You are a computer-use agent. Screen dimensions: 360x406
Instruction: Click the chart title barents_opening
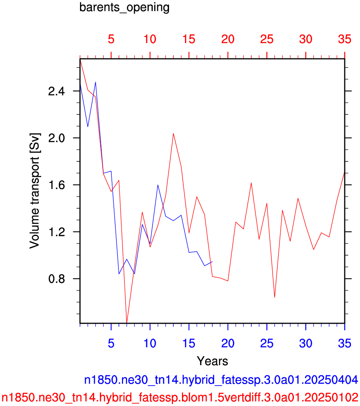click(124, 7)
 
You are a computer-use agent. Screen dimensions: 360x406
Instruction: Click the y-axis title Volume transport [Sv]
click(35, 191)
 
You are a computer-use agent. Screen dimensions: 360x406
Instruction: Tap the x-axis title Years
click(212, 361)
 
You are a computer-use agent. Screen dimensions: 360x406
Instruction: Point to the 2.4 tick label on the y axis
click(56, 91)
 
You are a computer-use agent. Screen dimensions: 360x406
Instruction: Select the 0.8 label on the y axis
click(56, 279)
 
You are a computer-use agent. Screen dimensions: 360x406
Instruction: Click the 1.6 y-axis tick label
click(56, 185)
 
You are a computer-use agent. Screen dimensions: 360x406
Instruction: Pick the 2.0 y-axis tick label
click(56, 138)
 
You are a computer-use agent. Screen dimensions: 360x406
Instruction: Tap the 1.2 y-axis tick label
click(56, 232)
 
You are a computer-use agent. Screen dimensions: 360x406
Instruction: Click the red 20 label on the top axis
click(228, 39)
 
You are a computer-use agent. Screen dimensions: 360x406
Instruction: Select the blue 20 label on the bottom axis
click(228, 343)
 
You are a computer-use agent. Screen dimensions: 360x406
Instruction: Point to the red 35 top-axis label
click(344, 39)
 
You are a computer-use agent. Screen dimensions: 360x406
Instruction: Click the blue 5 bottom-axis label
click(111, 343)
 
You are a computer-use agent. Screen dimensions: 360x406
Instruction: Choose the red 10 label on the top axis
click(150, 39)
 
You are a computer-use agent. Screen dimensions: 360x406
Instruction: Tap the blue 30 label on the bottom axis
click(305, 343)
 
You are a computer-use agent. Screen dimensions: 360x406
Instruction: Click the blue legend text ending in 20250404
click(221, 380)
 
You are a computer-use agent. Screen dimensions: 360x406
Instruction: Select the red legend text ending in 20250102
click(180, 397)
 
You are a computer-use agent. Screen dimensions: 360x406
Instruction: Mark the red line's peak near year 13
click(173, 133)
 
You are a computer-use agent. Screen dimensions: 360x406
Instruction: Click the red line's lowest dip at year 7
click(127, 323)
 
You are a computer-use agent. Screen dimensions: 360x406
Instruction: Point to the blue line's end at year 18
click(212, 261)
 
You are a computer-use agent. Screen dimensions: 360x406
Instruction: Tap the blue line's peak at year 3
click(96, 82)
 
